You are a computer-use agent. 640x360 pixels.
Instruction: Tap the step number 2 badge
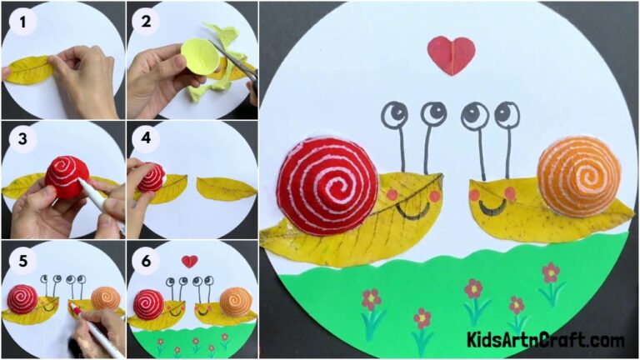click(146, 19)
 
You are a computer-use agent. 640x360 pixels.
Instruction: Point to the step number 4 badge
click(146, 138)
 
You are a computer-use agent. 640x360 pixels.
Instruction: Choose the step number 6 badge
click(146, 258)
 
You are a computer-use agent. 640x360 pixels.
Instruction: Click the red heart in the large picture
click(451, 53)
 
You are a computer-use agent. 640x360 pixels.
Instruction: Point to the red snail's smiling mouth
click(412, 208)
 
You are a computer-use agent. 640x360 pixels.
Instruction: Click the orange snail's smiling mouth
click(494, 205)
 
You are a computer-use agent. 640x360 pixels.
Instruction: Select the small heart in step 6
click(191, 261)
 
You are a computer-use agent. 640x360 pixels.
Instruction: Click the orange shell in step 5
click(105, 298)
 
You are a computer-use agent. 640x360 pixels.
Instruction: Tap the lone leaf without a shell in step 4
click(226, 188)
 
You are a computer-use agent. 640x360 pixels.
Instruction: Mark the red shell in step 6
click(149, 303)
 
